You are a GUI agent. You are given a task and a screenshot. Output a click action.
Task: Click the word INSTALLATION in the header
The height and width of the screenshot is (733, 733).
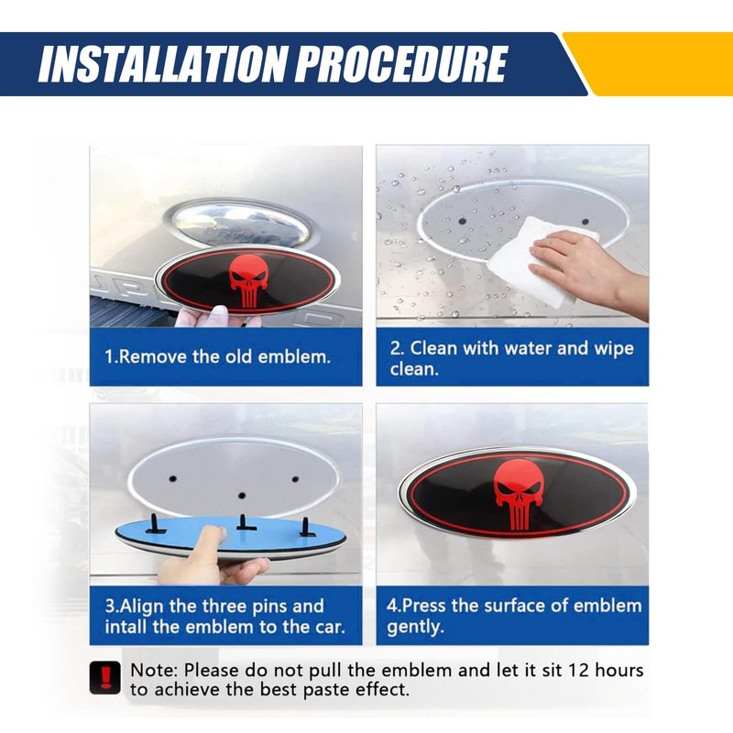tap(161, 64)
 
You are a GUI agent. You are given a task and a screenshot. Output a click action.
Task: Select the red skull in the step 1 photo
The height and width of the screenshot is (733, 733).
tap(248, 280)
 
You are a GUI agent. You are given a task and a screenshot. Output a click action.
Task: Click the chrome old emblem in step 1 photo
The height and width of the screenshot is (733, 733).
tap(239, 225)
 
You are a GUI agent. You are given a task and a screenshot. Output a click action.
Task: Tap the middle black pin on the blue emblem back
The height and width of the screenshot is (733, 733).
tap(242, 522)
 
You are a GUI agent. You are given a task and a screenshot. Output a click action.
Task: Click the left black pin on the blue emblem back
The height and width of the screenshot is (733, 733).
tap(155, 524)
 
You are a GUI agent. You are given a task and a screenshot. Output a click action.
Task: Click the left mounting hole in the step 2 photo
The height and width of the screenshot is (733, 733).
tap(463, 220)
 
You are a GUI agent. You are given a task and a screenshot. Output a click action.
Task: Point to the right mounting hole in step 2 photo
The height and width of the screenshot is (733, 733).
tap(585, 222)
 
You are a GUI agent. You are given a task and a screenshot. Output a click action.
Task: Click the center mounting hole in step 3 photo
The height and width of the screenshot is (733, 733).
tap(242, 495)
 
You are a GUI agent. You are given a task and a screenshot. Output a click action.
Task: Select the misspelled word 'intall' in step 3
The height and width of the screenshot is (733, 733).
tap(126, 627)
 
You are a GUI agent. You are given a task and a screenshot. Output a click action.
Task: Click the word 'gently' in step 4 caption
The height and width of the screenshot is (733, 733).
tap(414, 628)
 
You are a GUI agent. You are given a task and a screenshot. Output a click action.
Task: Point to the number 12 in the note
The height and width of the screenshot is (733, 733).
tap(579, 671)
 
